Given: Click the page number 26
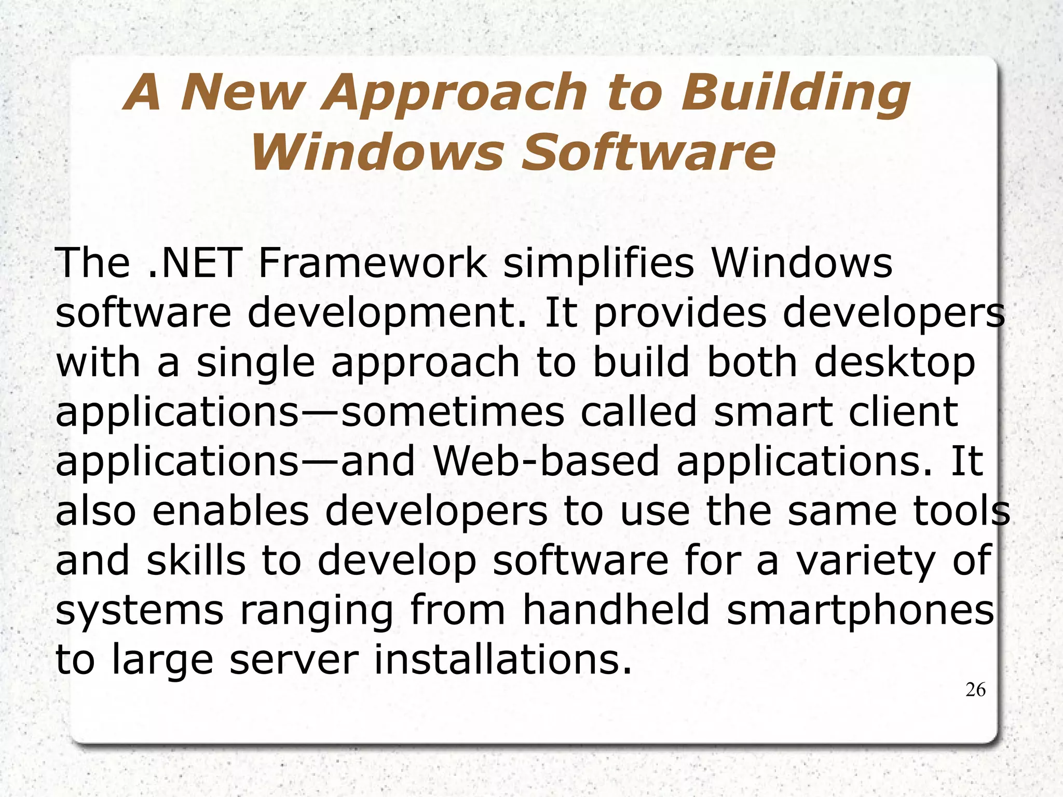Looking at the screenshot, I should pyautogui.click(x=975, y=690).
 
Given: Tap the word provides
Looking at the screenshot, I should pyautogui.click(x=679, y=314).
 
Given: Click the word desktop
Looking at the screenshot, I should pyautogui.click(x=895, y=363).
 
